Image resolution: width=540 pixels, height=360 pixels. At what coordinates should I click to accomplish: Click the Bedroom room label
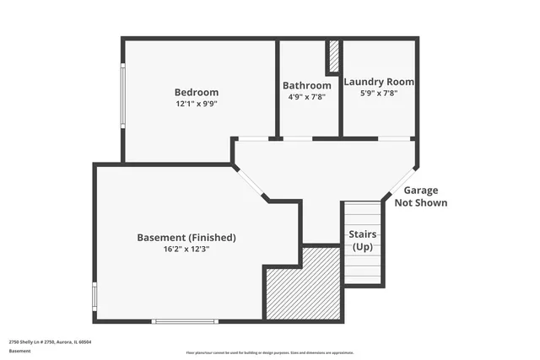click(197, 92)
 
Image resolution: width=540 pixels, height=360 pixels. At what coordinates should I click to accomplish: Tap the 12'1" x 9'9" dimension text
click(197, 104)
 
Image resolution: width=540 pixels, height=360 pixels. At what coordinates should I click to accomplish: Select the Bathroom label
click(306, 85)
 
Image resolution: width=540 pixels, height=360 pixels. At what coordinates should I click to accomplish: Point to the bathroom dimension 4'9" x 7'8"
click(306, 96)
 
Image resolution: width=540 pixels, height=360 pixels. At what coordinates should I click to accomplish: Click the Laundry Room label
click(379, 82)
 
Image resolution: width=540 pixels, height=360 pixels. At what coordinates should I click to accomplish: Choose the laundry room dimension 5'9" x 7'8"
click(379, 93)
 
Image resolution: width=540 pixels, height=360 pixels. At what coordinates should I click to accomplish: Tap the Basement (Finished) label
click(186, 238)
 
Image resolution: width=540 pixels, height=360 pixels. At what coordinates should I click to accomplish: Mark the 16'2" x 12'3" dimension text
click(186, 250)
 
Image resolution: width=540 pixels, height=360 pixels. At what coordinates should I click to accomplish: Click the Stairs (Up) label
click(363, 239)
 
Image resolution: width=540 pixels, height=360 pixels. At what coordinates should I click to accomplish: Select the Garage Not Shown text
click(420, 196)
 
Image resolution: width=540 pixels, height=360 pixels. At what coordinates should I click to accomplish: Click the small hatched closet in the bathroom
click(333, 56)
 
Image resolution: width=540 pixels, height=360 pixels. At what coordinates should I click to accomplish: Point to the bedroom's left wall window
click(123, 97)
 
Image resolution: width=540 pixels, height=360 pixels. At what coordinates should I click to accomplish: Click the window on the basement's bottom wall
click(185, 320)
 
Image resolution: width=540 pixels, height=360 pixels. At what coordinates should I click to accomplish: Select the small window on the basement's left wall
click(94, 297)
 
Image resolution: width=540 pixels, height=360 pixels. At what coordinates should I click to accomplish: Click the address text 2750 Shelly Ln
click(50, 342)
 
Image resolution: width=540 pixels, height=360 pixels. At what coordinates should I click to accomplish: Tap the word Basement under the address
click(19, 350)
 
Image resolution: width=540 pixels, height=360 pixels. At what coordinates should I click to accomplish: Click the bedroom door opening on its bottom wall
click(253, 138)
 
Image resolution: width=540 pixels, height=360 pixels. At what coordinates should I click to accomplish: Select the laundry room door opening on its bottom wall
click(394, 138)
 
